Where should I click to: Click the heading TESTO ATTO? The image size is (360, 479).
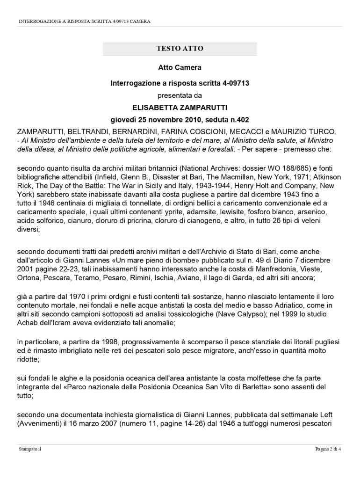[x=180, y=49]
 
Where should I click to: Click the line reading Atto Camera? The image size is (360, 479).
[x=180, y=67]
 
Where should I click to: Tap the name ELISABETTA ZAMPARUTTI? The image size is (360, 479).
[x=180, y=107]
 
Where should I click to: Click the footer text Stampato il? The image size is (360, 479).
[x=30, y=450]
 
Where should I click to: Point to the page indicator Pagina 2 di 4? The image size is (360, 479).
[x=328, y=450]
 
